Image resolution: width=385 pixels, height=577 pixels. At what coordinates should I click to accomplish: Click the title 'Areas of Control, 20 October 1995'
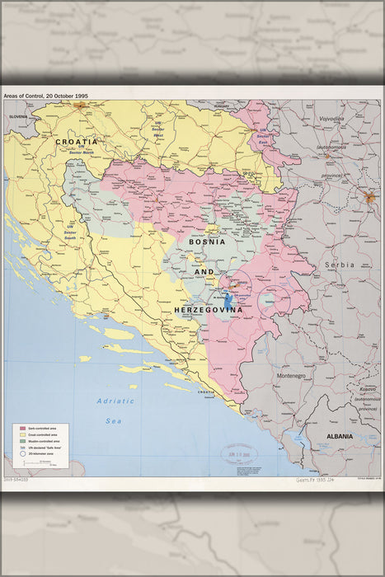(x=45, y=96)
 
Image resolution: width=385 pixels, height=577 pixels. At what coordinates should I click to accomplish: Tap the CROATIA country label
(x=77, y=142)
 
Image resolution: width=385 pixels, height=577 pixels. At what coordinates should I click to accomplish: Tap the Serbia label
(x=339, y=265)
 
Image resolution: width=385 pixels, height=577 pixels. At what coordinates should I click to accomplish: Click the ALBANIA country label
(x=338, y=435)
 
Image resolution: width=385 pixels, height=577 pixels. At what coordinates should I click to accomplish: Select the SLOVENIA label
(x=18, y=117)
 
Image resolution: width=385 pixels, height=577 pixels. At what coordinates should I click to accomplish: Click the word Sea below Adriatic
(x=115, y=420)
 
